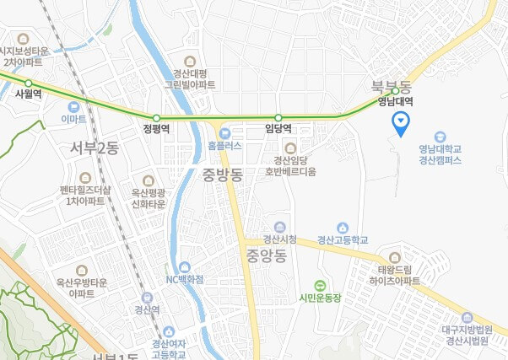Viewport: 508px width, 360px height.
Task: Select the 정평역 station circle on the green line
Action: click(156, 117)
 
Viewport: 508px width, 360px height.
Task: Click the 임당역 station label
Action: click(278, 129)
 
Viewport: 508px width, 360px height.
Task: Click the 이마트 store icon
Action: click(74, 107)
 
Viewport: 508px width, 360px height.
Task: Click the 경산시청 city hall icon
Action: click(290, 225)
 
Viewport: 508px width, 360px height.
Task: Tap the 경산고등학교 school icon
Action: click(343, 226)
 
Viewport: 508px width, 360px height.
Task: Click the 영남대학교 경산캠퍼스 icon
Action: click(439, 137)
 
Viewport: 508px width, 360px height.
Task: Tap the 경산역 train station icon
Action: click(148, 297)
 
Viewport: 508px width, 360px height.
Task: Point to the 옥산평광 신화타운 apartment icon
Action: click(149, 180)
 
